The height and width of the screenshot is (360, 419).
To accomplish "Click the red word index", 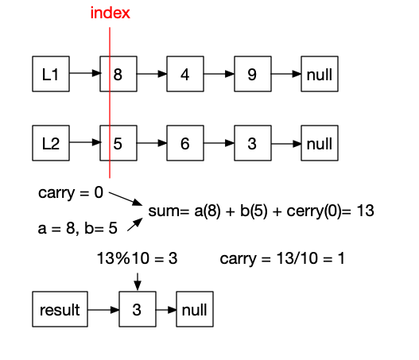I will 110,13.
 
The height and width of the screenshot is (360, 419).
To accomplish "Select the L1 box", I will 51,75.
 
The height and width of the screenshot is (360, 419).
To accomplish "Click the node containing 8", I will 118,75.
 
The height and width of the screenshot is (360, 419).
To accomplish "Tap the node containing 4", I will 185,75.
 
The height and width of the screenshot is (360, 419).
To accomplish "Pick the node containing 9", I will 252,75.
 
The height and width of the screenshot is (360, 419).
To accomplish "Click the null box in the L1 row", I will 319,75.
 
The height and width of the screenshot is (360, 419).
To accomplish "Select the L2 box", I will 51,144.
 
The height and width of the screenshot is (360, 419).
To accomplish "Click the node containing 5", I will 118,144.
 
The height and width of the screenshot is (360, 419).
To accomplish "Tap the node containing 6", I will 185,144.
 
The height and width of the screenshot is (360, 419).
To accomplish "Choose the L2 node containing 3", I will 252,144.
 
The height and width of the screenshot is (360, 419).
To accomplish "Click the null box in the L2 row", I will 319,144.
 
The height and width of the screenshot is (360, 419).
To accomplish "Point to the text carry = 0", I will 70,193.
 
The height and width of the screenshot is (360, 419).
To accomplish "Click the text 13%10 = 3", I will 136,258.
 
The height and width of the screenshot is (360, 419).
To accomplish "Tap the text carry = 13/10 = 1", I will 281,258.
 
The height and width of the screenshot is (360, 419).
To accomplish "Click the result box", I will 60,309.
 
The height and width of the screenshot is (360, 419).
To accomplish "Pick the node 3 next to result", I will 138,309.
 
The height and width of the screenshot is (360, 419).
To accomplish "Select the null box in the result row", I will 195,309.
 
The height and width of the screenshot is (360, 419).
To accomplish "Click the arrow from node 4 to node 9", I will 219,75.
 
